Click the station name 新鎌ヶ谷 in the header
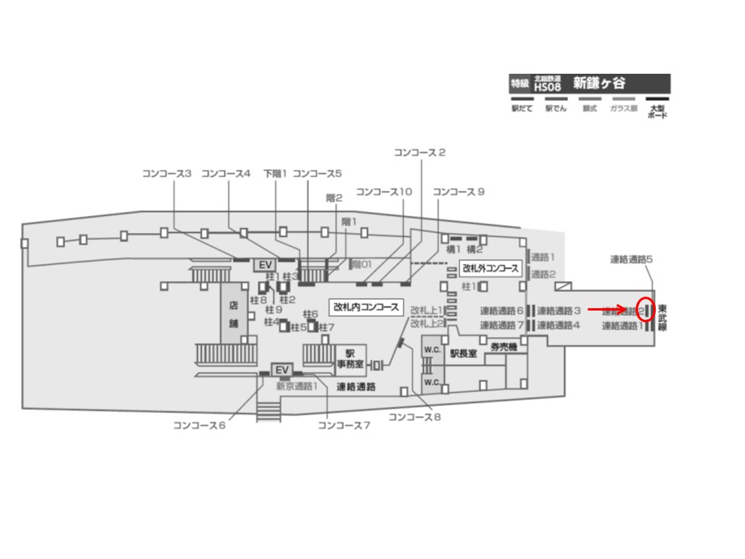coord(599,83)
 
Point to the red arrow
coord(607,309)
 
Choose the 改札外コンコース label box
coord(490,269)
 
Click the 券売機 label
coord(504,347)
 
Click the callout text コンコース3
coord(167,173)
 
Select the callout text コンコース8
coord(414,418)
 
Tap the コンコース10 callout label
coord(383,192)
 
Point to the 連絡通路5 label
coord(632,259)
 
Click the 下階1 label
coord(275,173)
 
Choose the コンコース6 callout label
coord(199,425)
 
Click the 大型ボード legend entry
coord(657,112)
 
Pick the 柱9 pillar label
coord(273,310)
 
